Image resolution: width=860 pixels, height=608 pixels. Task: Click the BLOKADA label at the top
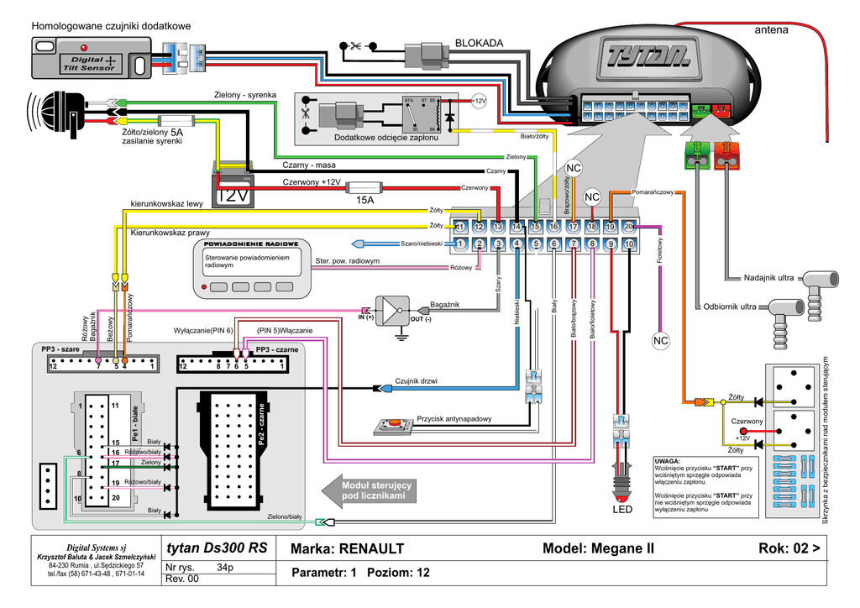[479, 43]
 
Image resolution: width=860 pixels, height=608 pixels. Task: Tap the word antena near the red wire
[771, 30]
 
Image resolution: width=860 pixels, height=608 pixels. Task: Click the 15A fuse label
[364, 201]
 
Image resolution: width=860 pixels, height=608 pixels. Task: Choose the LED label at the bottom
[621, 510]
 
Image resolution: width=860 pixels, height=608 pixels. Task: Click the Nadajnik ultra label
[768, 278]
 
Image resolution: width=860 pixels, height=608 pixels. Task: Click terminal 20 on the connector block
[629, 227]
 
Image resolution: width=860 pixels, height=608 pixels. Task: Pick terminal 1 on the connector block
[459, 244]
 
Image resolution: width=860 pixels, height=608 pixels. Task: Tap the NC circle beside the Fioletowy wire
[660, 340]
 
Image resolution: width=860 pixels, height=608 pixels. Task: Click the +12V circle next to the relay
[478, 101]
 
